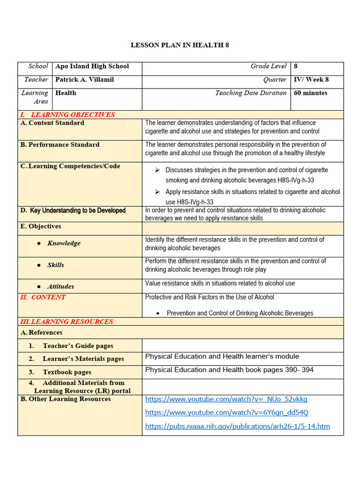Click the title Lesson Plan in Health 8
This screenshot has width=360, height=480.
tap(180, 45)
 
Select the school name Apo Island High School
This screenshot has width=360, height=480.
tap(92, 67)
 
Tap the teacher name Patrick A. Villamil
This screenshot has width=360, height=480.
tap(84, 80)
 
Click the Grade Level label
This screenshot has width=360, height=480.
tap(269, 67)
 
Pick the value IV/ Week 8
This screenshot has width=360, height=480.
tap(311, 80)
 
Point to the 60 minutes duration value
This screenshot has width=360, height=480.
tap(310, 93)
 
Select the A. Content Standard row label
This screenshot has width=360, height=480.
tap(52, 123)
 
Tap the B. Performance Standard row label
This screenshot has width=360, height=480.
tap(60, 145)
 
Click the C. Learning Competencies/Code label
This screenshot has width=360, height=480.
tap(70, 166)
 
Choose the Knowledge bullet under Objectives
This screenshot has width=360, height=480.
tap(64, 243)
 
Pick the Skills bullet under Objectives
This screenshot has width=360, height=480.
tap(56, 265)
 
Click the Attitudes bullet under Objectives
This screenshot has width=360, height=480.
tap(60, 287)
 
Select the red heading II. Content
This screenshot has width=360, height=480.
tap(43, 297)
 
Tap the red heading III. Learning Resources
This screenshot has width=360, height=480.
tap(66, 322)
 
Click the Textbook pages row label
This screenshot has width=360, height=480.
tap(67, 372)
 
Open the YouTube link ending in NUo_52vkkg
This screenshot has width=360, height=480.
tap(226, 399)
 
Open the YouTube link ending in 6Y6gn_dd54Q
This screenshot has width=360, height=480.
tap(227, 412)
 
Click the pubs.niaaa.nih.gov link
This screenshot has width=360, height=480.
tap(238, 426)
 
